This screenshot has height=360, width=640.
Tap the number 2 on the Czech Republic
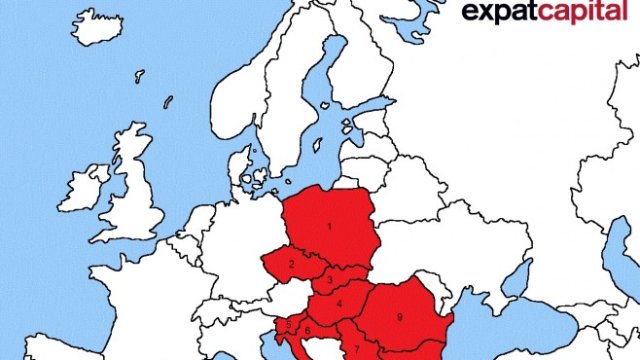[x=291, y=265]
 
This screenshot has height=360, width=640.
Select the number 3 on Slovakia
[x=331, y=282]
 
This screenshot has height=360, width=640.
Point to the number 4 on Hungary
[x=339, y=304]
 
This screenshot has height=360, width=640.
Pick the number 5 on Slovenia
[x=289, y=324]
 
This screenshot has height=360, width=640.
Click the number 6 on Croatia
[x=308, y=331]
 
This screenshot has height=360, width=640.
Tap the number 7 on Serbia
[x=357, y=348]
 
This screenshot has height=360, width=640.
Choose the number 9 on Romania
[x=399, y=317]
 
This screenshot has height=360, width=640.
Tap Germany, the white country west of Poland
[x=240, y=240]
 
